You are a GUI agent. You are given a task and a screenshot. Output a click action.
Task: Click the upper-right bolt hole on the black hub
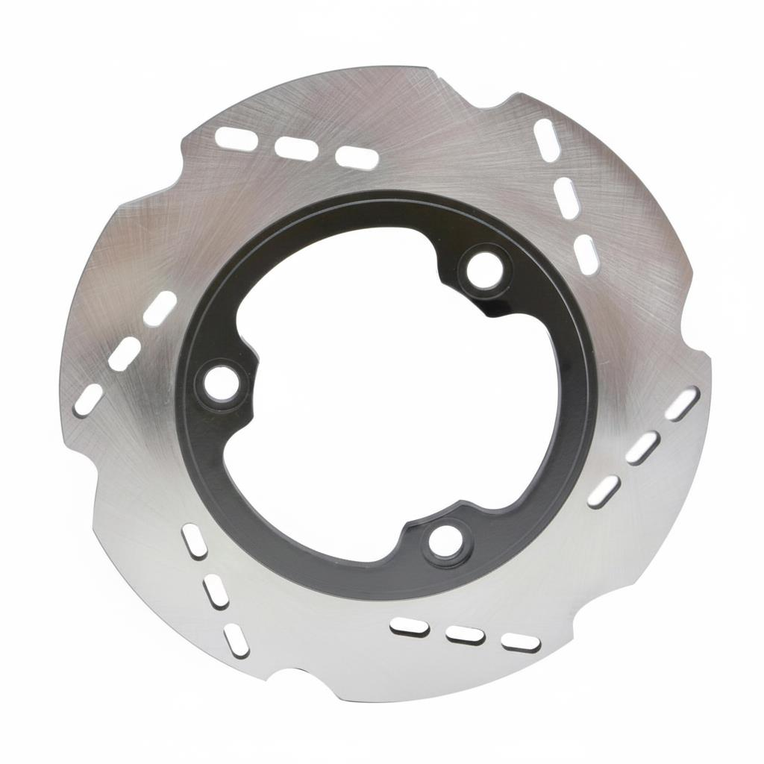click(484, 270)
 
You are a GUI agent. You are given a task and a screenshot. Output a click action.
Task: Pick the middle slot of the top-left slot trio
click(296, 148)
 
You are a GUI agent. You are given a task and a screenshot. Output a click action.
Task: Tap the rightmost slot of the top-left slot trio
click(357, 157)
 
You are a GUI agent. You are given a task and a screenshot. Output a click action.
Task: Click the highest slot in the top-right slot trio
click(547, 140)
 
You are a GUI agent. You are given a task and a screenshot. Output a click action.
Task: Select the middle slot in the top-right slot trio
click(566, 197)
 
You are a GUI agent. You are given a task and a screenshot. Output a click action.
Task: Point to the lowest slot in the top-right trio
click(585, 254)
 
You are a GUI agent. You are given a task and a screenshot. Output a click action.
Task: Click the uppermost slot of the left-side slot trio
click(160, 308)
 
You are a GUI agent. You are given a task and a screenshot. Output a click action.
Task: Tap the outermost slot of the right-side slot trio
click(682, 404)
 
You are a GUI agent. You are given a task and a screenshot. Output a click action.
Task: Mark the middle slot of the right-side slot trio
click(642, 448)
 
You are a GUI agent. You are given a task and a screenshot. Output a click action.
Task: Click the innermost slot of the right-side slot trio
click(604, 492)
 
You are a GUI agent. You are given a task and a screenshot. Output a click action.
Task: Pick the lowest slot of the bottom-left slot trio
click(237, 640)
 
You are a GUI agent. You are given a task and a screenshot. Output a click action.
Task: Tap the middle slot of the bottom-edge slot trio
click(465, 635)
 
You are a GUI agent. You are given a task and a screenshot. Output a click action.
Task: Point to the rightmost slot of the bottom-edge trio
click(521, 642)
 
